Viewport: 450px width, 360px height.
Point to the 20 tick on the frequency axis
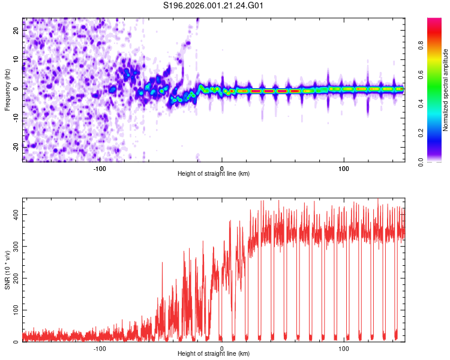tap(17, 31)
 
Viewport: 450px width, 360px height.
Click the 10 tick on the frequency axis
tap(17, 60)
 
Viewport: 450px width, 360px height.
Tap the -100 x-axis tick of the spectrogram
tap(100, 169)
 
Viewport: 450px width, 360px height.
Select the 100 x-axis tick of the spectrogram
tap(344, 169)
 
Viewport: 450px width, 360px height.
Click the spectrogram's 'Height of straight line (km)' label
tap(214, 174)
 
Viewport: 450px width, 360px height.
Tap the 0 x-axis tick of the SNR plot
tap(222, 349)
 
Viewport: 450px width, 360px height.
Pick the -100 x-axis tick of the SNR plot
tap(100, 349)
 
